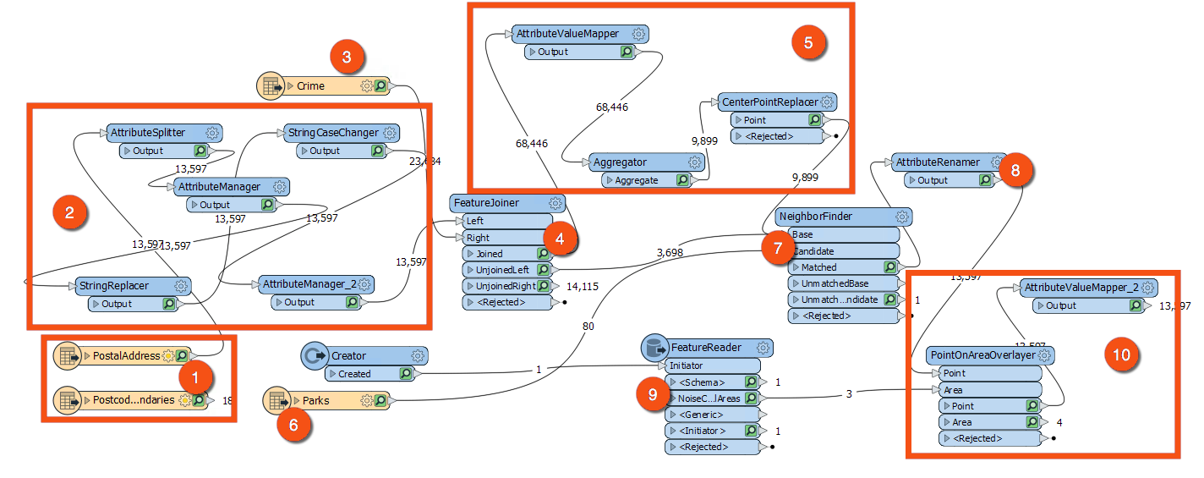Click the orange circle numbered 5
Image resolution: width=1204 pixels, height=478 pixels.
tap(808, 43)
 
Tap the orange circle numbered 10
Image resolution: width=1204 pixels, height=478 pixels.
tap(1120, 355)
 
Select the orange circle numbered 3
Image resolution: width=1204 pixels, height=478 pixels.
tap(348, 58)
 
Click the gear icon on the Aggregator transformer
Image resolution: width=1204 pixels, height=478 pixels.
tap(695, 162)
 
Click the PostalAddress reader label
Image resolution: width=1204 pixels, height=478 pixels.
tap(127, 356)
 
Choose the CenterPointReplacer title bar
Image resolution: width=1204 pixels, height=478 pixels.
tap(769, 102)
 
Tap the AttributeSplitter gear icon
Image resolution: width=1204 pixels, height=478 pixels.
tap(212, 133)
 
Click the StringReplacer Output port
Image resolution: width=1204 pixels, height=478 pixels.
tap(118, 304)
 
